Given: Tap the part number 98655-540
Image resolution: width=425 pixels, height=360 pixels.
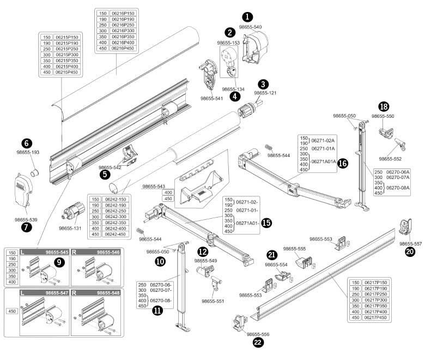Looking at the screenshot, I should tap(251, 27).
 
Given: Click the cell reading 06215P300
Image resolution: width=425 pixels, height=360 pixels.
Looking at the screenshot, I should tap(67, 55).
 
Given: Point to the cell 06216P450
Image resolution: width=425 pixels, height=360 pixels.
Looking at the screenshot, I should tap(123, 48).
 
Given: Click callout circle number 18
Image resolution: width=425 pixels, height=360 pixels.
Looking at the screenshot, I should tap(384, 106).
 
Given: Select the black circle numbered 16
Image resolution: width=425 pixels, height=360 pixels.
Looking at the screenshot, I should tap(343, 163).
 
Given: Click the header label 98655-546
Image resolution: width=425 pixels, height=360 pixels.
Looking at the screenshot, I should tap(107, 253).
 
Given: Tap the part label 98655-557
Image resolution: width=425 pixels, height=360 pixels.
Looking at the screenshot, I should tap(410, 244).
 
